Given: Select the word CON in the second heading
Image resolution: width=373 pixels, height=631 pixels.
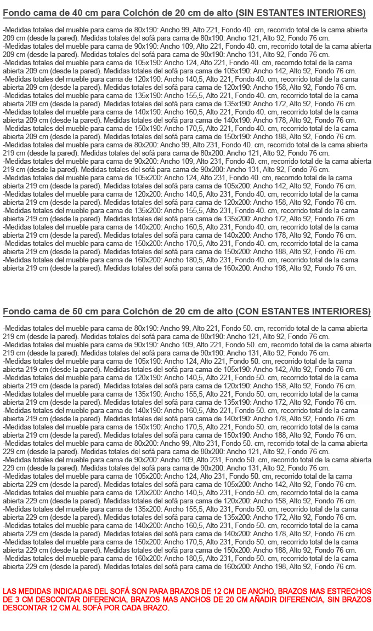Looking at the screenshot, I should coord(248,312).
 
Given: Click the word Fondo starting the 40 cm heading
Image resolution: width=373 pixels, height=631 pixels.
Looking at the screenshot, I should coord(16,13).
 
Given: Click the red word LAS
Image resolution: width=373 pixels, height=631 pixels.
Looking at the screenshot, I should coord(10,592).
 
